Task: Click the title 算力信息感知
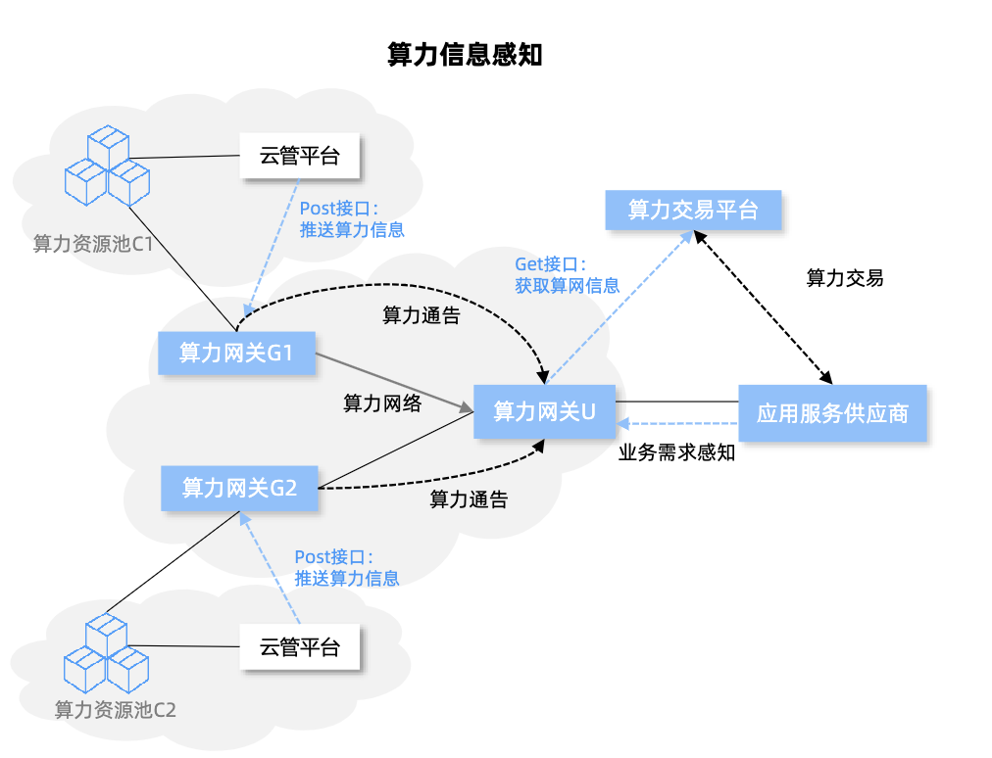(x=465, y=55)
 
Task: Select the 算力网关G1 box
(x=236, y=353)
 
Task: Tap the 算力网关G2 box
(x=240, y=487)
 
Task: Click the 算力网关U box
(x=544, y=411)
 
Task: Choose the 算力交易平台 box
(x=693, y=210)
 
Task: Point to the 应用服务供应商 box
(x=831, y=412)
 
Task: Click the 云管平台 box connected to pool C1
(x=299, y=155)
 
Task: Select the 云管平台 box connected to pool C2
(x=299, y=647)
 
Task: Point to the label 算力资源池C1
(x=92, y=243)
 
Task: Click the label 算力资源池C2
(x=115, y=710)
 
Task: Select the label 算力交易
(x=844, y=278)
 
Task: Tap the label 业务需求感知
(x=676, y=453)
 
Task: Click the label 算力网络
(x=381, y=403)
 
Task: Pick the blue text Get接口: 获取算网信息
(x=567, y=275)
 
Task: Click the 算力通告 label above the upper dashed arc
(x=421, y=316)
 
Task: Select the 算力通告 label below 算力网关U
(x=469, y=499)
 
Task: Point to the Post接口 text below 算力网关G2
(x=347, y=567)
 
